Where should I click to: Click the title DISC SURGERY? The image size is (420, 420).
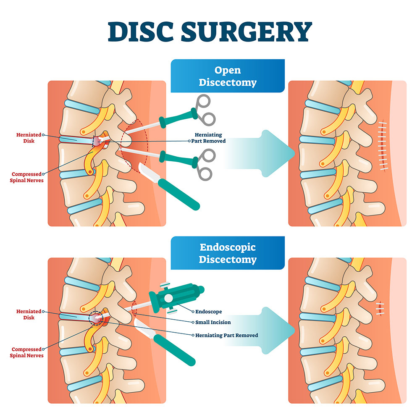coord(210,31)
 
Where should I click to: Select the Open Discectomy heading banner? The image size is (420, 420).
coord(227,76)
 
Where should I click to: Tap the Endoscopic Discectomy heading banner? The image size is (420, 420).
coord(227,253)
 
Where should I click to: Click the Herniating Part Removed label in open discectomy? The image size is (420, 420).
coord(210,138)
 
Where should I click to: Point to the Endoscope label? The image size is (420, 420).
coord(209,312)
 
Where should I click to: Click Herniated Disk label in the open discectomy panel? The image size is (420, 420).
coord(29,138)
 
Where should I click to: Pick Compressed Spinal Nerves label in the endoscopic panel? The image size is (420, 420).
coord(27,352)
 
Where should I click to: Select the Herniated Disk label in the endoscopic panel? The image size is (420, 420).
coord(29,315)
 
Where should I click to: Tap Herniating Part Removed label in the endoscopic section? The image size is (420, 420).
coord(226,335)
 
